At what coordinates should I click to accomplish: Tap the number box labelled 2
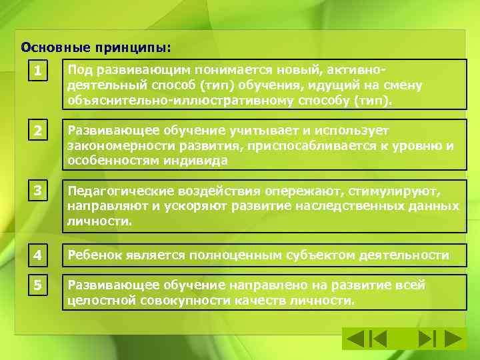pyautogui.click(x=39, y=131)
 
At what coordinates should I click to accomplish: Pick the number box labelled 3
pyautogui.click(x=39, y=191)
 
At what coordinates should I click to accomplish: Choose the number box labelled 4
pyautogui.click(x=39, y=255)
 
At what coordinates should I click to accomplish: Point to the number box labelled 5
pyautogui.click(x=39, y=285)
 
